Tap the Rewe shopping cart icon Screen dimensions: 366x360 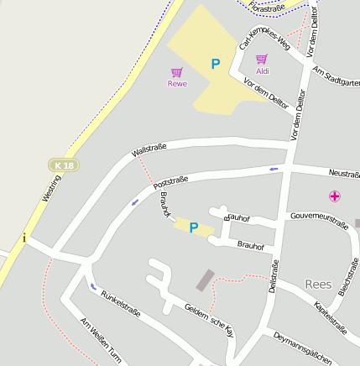176,73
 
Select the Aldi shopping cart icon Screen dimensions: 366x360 262,60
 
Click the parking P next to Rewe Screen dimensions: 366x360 216,64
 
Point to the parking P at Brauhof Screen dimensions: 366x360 194,227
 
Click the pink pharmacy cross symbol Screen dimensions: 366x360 335,196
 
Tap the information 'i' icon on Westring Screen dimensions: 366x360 24,238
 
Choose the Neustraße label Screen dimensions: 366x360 344,174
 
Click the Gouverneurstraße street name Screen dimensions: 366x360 319,220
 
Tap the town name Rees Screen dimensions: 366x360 319,284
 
